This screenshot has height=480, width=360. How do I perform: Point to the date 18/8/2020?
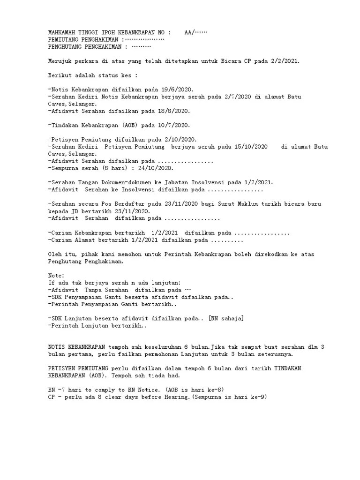pyautogui.click(x=174, y=111)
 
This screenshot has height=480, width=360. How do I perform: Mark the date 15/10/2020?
pyautogui.click(x=251, y=147)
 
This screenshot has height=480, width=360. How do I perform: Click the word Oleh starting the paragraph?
pyautogui.click(x=55, y=254)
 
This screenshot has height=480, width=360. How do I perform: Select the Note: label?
pyautogui.click(x=56, y=276)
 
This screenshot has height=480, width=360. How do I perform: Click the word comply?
pyautogui.click(x=102, y=390)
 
